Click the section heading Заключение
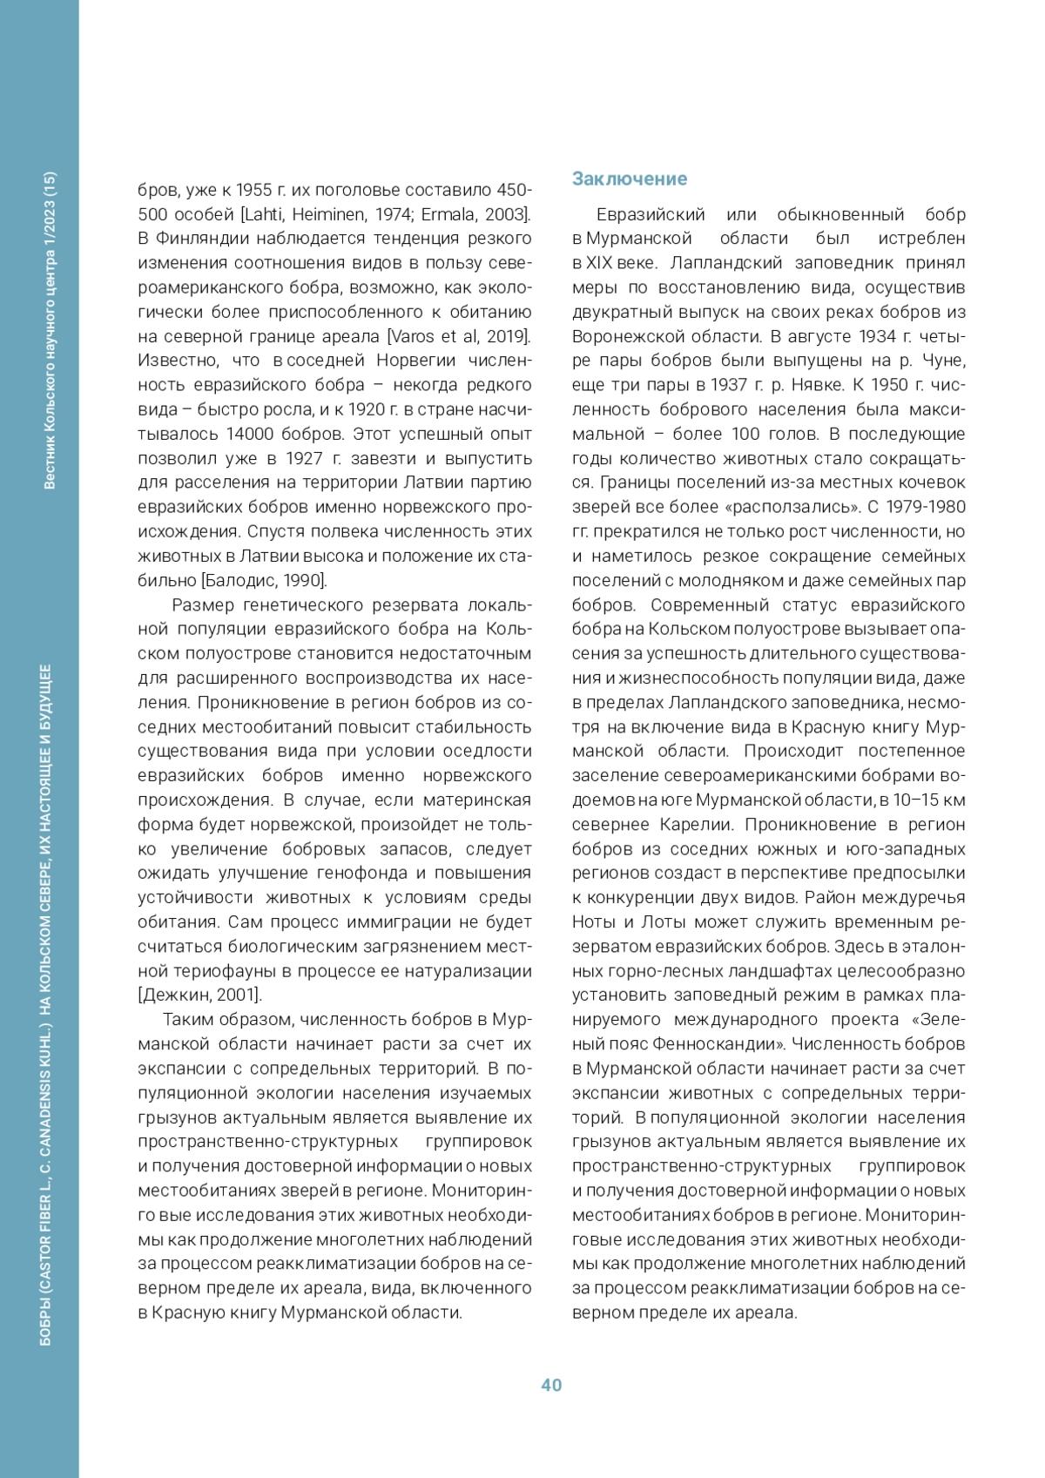[x=629, y=179]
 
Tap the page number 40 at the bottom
[x=551, y=1385]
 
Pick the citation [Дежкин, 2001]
[x=199, y=995]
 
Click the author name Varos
[x=411, y=336]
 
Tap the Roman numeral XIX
[x=601, y=263]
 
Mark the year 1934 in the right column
[x=877, y=336]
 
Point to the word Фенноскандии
[x=731, y=1043]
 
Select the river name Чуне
[x=942, y=361]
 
